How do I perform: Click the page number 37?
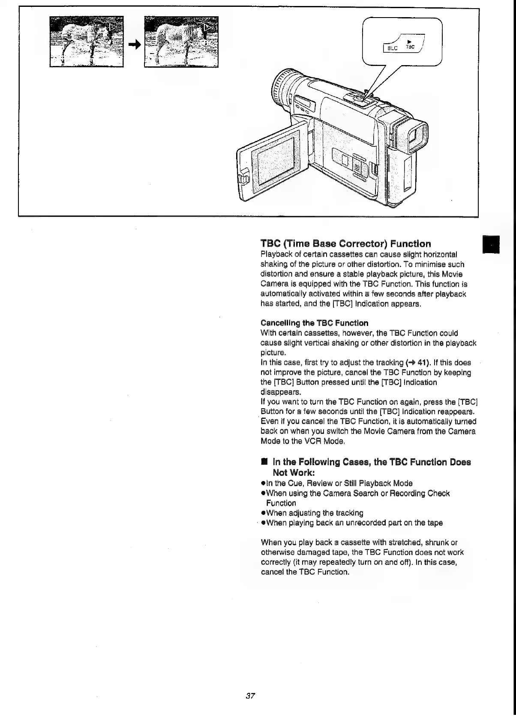click(x=251, y=696)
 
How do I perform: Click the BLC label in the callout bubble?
click(x=392, y=48)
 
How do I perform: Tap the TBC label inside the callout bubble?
click(x=410, y=47)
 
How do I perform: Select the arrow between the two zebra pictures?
click(x=134, y=45)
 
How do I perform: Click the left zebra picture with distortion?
click(x=86, y=42)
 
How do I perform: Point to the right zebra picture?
click(x=181, y=42)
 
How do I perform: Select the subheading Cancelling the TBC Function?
click(x=314, y=323)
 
